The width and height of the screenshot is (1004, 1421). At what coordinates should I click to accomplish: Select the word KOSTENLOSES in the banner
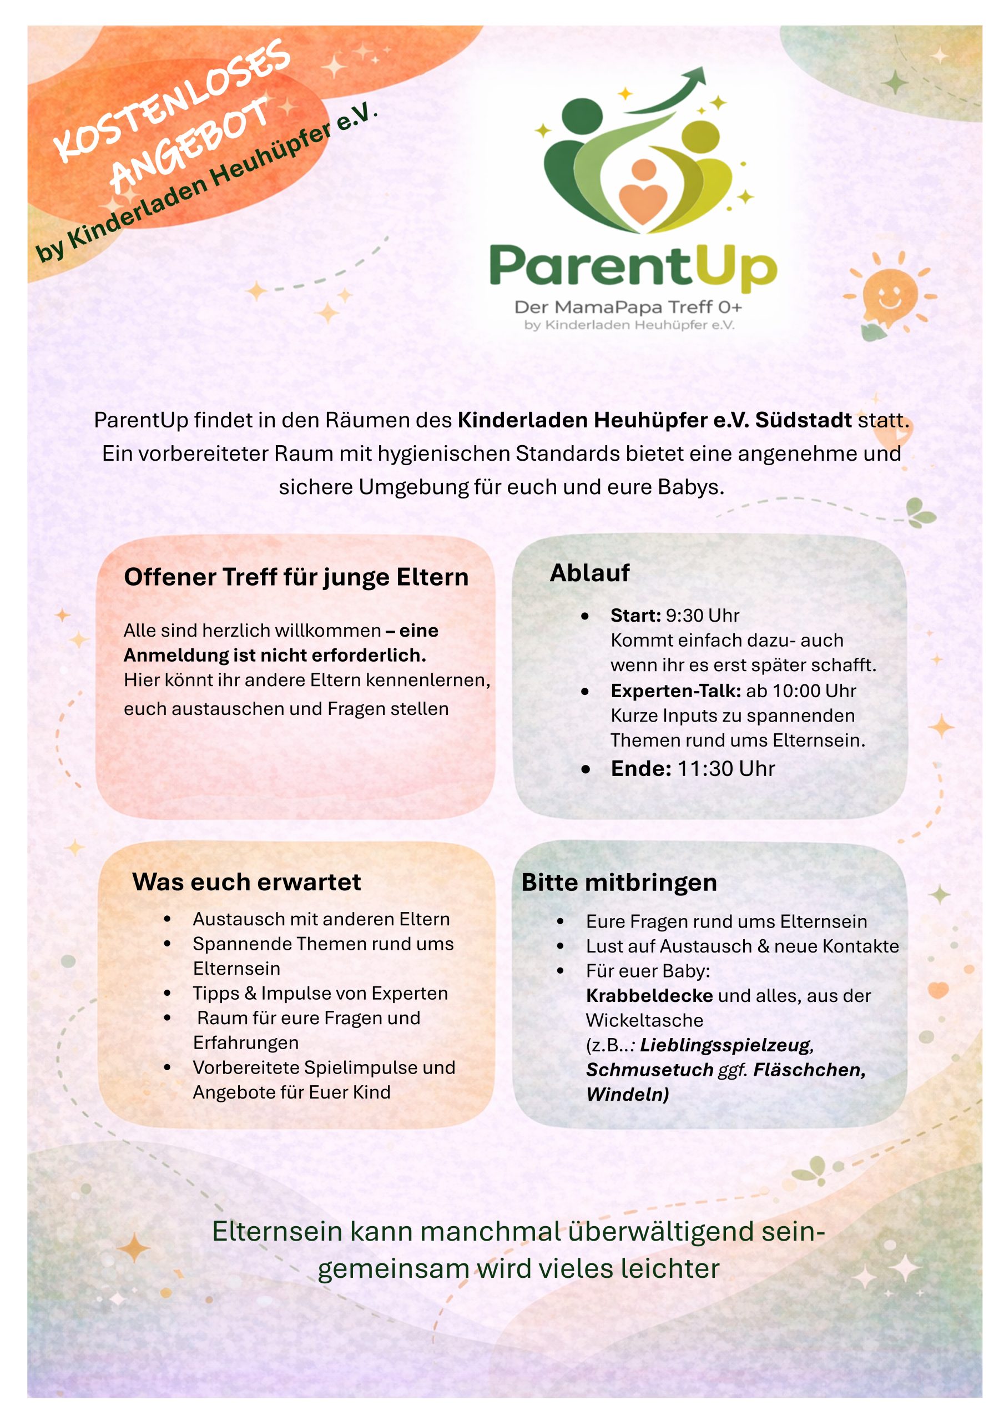(172, 99)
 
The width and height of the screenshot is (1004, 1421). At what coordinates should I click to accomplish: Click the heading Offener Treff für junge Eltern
(296, 577)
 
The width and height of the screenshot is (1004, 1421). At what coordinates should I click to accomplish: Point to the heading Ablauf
(589, 572)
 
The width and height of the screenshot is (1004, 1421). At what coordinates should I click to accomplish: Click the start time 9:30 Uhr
(703, 615)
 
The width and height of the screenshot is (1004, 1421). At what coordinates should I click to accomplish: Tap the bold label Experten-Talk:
(675, 691)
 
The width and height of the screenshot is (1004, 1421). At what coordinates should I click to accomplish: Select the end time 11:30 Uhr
(726, 769)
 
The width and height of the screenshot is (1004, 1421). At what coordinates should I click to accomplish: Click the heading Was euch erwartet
(246, 882)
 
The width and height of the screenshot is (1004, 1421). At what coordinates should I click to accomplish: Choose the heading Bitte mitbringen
(619, 883)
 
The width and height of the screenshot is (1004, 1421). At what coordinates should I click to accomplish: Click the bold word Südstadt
(804, 420)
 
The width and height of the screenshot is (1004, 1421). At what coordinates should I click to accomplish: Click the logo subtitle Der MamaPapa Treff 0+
(628, 307)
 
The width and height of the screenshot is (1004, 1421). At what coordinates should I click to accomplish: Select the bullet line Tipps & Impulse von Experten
(320, 994)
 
